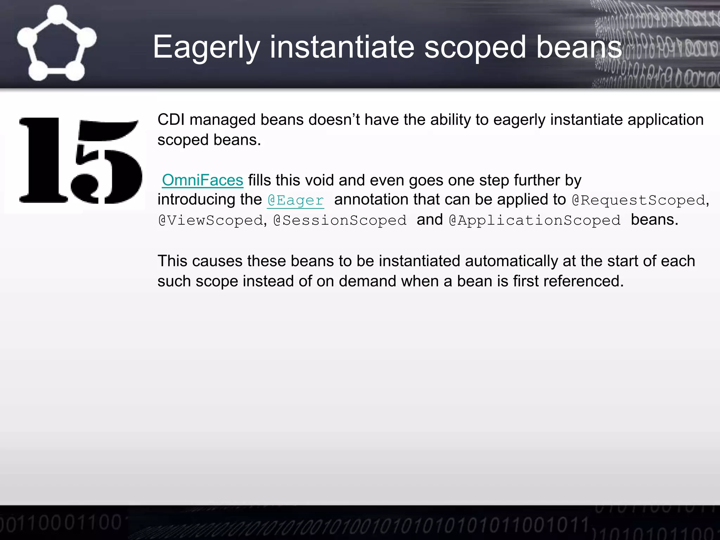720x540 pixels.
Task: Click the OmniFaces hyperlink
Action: pyautogui.click(x=202, y=180)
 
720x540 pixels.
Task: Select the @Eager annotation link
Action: pyautogui.click(x=295, y=200)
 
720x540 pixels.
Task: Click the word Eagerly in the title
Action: pyautogui.click(x=206, y=47)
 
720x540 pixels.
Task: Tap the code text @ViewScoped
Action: pyautogui.click(x=211, y=220)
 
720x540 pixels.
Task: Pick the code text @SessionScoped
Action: pyautogui.click(x=340, y=220)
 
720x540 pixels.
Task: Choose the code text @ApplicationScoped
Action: pyautogui.click(x=535, y=220)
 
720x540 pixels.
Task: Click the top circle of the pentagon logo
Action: pyautogui.click(x=57, y=14)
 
